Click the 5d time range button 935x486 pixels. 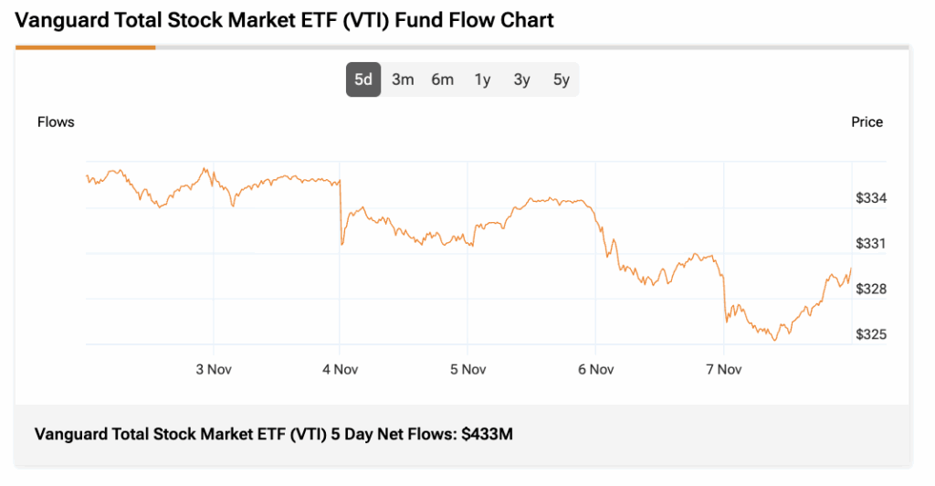(363, 79)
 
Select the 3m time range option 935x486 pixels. (403, 79)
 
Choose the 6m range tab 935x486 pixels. (443, 79)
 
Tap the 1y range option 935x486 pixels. (482, 79)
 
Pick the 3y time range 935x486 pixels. (521, 79)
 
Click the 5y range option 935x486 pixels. (561, 79)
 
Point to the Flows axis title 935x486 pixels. (56, 121)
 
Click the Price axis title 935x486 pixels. (867, 121)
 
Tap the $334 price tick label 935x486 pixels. (871, 198)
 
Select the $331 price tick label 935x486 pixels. (871, 244)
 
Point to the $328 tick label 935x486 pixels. (871, 289)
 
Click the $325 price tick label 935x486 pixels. (871, 334)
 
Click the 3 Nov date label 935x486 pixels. (213, 369)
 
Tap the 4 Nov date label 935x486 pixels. (340, 369)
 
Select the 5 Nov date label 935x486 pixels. (467, 369)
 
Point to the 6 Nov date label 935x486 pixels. (595, 369)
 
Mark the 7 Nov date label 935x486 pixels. (723, 369)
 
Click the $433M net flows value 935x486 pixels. (487, 434)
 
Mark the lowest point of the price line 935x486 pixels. (775, 340)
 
